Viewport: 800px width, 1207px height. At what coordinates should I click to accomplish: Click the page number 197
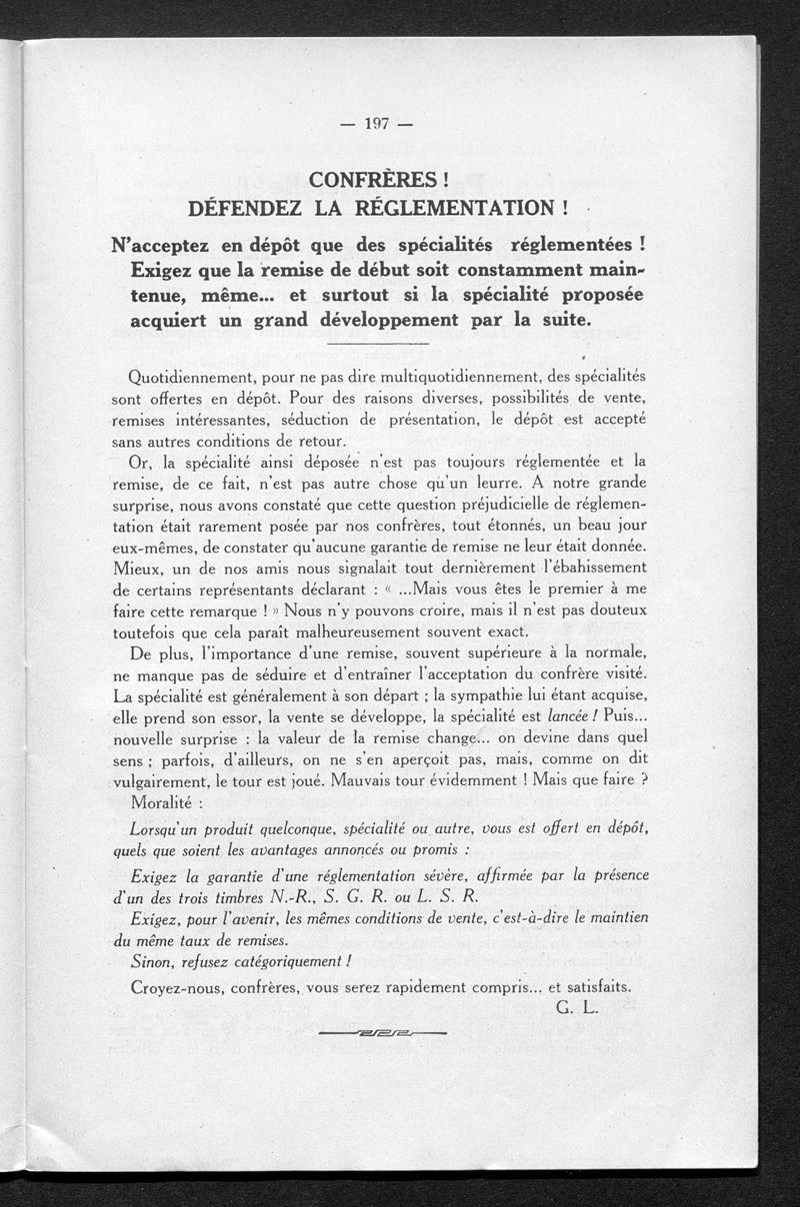pos(376,124)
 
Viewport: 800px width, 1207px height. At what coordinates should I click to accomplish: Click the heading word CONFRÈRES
pos(372,181)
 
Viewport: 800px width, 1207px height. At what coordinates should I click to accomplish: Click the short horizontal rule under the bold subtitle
pos(377,345)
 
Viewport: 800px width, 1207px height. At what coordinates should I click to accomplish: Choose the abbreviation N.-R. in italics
pos(290,895)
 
